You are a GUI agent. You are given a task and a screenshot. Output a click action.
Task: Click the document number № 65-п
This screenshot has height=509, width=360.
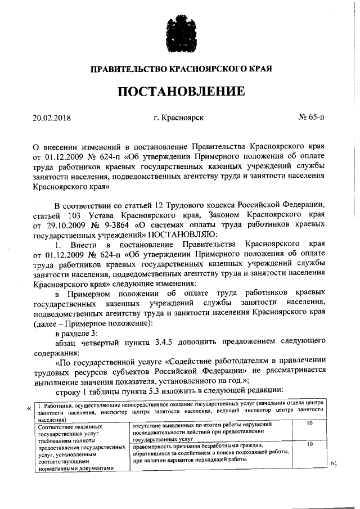311,118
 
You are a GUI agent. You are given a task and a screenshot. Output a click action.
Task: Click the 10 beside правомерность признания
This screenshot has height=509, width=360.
309,444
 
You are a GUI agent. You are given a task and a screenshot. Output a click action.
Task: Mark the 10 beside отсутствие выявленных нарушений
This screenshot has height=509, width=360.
309,424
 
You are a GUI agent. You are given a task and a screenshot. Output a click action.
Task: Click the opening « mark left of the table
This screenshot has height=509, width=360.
29,408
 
